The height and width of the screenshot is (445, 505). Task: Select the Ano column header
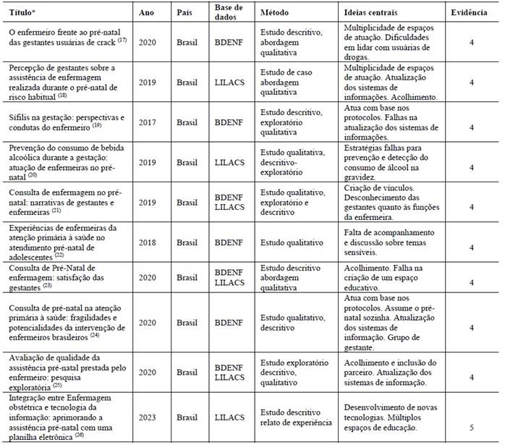point(148,13)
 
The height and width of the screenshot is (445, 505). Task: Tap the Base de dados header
point(229,13)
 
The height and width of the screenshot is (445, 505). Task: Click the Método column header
point(276,13)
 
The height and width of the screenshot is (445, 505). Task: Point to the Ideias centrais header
point(374,13)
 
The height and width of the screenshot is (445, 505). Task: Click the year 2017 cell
point(148,122)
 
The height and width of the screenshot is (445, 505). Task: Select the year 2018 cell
point(148,247)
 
